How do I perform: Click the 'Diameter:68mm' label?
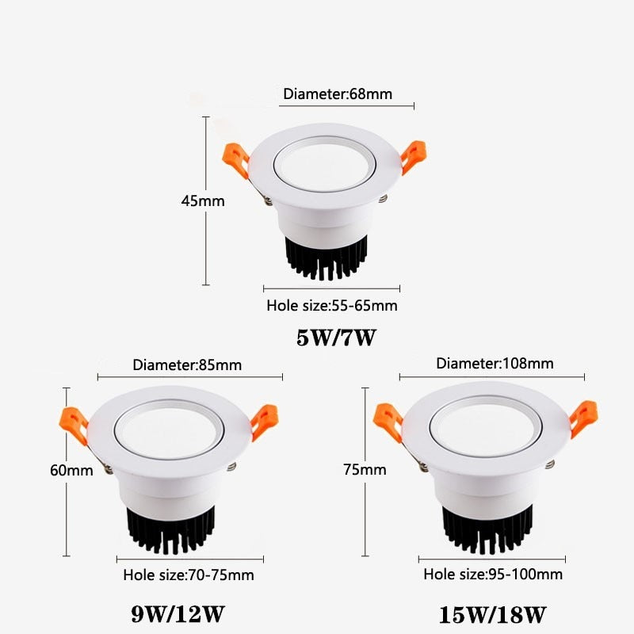pyautogui.click(x=338, y=94)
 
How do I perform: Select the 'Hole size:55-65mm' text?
pyautogui.click(x=331, y=305)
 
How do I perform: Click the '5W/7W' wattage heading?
pyautogui.click(x=335, y=338)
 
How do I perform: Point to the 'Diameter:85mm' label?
pyautogui.click(x=187, y=365)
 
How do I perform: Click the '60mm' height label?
pyautogui.click(x=71, y=470)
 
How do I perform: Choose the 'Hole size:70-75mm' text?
pyautogui.click(x=189, y=575)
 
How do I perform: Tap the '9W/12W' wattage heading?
pyautogui.click(x=177, y=613)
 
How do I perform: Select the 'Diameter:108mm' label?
pyautogui.click(x=495, y=364)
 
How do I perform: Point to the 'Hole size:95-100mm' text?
pyautogui.click(x=493, y=574)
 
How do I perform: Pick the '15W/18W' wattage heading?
pyautogui.click(x=492, y=613)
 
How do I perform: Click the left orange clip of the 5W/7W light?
pyautogui.click(x=235, y=158)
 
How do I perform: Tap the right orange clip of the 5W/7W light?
pyautogui.click(x=413, y=155)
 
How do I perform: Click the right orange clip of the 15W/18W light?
pyautogui.click(x=585, y=417)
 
